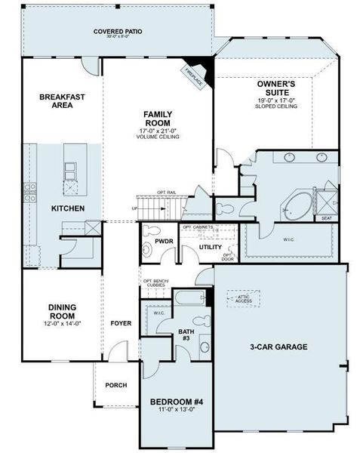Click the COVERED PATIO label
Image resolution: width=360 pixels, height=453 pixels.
click(x=118, y=32)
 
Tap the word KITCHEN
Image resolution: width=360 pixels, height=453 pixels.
click(x=67, y=208)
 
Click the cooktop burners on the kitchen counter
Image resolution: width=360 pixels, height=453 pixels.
click(x=32, y=189)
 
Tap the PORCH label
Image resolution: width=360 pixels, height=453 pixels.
click(x=115, y=385)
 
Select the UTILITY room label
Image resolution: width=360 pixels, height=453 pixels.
click(x=210, y=247)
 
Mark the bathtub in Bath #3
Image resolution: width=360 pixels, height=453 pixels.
click(x=189, y=297)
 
